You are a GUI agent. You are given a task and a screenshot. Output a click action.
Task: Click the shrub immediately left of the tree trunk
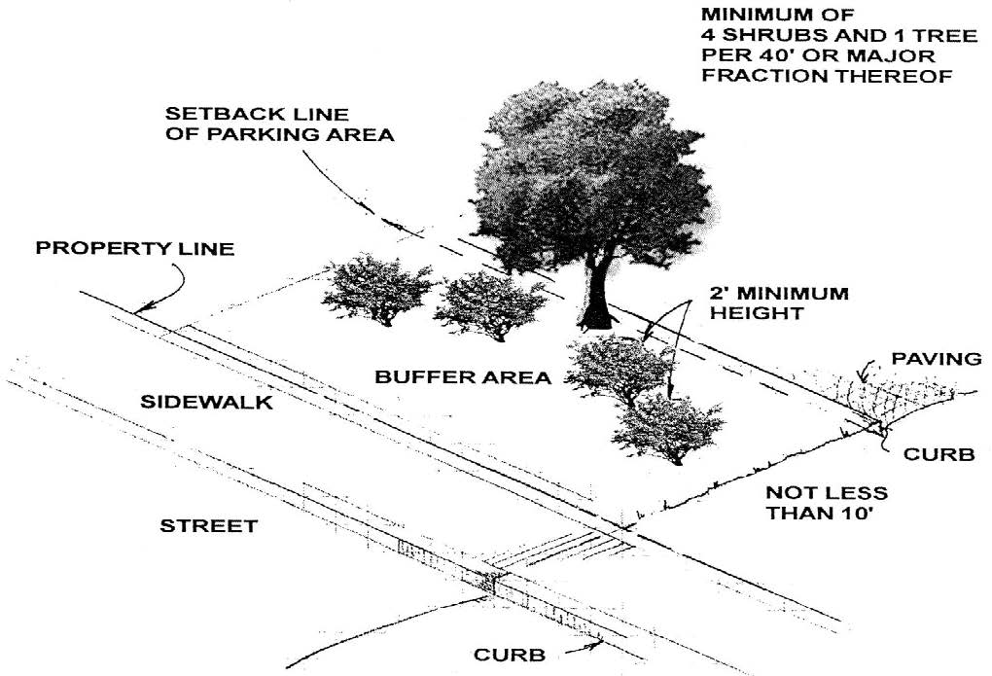click(490, 303)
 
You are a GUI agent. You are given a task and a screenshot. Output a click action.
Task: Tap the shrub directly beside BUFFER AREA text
click(620, 370)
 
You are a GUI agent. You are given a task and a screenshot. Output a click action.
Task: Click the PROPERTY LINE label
click(135, 248)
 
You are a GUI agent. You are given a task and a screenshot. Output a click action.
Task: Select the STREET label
click(208, 526)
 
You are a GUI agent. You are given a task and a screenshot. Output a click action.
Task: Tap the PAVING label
click(935, 359)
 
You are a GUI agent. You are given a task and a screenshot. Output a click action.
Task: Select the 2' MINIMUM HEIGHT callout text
click(779, 302)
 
